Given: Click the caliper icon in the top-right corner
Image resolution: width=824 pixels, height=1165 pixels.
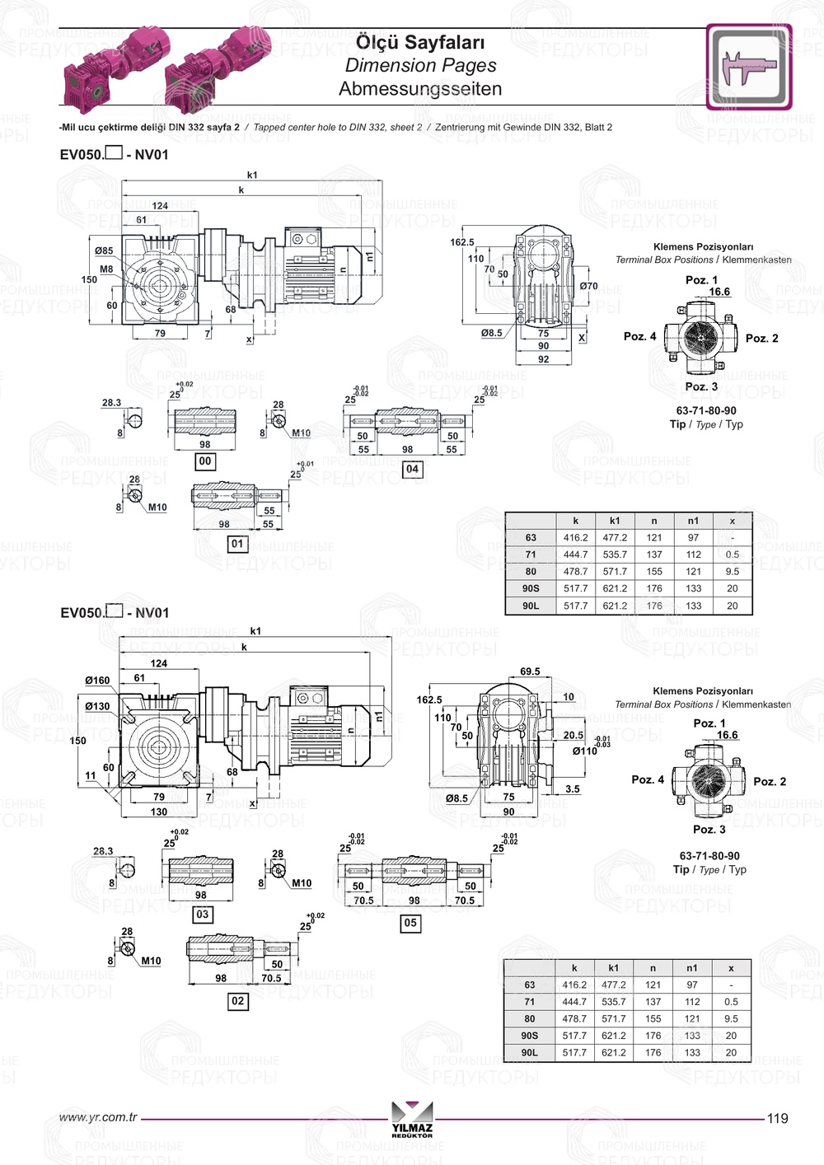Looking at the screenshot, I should click(x=748, y=67).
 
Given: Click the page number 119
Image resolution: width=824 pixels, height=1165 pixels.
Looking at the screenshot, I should click(x=777, y=1118).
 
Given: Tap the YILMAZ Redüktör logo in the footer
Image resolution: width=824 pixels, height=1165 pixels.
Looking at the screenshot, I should click(x=412, y=1119).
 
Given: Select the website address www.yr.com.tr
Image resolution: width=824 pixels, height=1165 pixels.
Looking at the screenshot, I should click(x=98, y=1117).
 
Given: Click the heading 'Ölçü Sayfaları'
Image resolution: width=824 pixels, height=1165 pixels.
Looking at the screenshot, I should click(x=420, y=42).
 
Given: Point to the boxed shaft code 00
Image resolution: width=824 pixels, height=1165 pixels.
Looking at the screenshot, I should click(x=205, y=461).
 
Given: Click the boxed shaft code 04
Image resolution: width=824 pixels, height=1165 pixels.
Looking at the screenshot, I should click(x=412, y=469).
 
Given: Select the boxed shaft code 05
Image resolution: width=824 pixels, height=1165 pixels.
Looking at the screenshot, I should click(x=410, y=923).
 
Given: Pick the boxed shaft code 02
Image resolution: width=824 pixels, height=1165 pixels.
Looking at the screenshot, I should click(x=237, y=1001).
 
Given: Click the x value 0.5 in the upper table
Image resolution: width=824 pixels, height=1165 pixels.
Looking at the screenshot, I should click(x=732, y=554).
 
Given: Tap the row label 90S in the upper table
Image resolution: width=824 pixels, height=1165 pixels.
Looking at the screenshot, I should click(x=531, y=588).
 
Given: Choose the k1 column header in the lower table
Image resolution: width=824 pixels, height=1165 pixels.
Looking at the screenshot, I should click(x=613, y=968).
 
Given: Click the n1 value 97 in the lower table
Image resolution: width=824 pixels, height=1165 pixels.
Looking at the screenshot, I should click(x=691, y=985).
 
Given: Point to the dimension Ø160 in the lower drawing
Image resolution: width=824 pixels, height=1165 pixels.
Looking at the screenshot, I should click(x=97, y=681).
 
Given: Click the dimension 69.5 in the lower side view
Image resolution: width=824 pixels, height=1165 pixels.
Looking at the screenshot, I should click(x=530, y=671).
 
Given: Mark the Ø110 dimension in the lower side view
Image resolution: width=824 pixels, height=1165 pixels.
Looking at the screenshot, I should click(x=585, y=751).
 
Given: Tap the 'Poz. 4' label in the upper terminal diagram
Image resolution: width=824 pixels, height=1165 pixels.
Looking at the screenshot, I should click(x=639, y=336).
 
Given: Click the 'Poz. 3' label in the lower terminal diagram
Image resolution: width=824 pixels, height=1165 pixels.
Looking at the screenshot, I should click(x=709, y=829).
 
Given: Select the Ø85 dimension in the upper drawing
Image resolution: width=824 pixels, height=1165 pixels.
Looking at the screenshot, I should click(x=104, y=250).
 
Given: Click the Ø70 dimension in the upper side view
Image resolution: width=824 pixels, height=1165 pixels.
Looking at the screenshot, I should click(x=588, y=286).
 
